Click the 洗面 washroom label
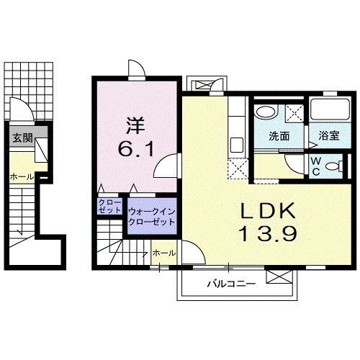[279, 136]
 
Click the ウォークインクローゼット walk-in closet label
[151, 216]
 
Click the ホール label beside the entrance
[20, 176]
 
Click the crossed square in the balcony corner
[276, 276]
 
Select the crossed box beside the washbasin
[293, 112]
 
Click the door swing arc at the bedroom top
[136, 70]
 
